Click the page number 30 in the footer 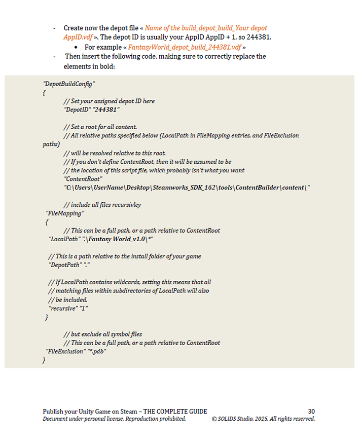pyautogui.click(x=311, y=412)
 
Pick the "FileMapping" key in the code pyautogui.click(x=65, y=213)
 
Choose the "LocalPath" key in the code pyautogui.click(x=65, y=239)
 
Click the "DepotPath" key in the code pyautogui.click(x=65, y=265)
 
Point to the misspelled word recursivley pyautogui.click(x=126, y=205)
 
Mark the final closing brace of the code pyautogui.click(x=44, y=360)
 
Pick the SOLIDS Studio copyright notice pyautogui.click(x=263, y=419)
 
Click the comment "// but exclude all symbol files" pyautogui.click(x=102, y=334)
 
